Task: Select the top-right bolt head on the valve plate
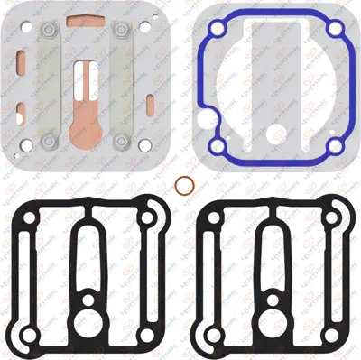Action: point(120,32)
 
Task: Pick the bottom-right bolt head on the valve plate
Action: point(120,140)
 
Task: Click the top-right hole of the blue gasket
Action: point(335,30)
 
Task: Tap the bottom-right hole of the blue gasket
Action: point(335,145)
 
